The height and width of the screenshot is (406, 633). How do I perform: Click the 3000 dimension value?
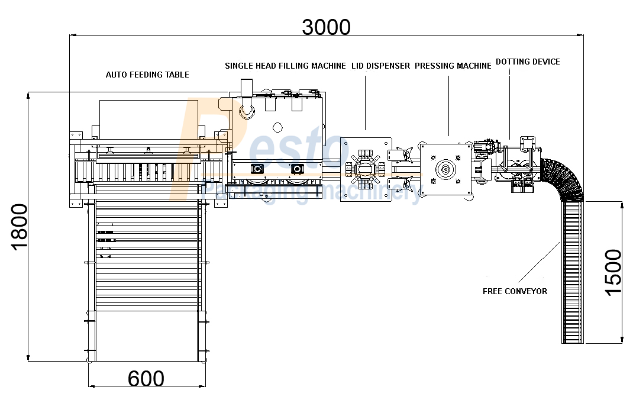(x=326, y=27)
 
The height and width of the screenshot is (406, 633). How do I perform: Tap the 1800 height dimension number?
(x=19, y=227)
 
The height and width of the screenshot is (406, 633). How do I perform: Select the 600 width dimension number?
(x=146, y=379)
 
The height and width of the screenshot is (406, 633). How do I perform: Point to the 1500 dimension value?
(x=613, y=272)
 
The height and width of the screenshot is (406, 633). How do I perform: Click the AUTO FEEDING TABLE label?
(x=147, y=75)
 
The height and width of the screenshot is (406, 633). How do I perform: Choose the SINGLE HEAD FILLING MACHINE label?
(x=285, y=66)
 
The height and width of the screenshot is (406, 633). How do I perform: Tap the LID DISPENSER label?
(x=381, y=66)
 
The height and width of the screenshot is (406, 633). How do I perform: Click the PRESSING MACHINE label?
(x=453, y=66)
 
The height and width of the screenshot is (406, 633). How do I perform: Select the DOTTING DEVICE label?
(x=528, y=62)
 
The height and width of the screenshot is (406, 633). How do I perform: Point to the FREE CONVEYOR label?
(x=515, y=291)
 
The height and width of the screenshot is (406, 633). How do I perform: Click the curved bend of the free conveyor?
(x=564, y=178)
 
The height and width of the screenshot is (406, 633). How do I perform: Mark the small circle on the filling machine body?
(x=277, y=128)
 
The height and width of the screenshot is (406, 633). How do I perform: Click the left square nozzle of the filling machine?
(x=257, y=169)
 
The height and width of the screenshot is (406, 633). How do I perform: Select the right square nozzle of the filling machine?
(x=298, y=169)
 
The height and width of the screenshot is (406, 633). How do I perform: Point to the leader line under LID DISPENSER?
(x=366, y=103)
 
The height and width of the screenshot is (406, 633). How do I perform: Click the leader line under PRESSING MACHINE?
(x=448, y=106)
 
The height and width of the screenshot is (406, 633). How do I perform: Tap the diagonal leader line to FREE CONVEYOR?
(x=540, y=262)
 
